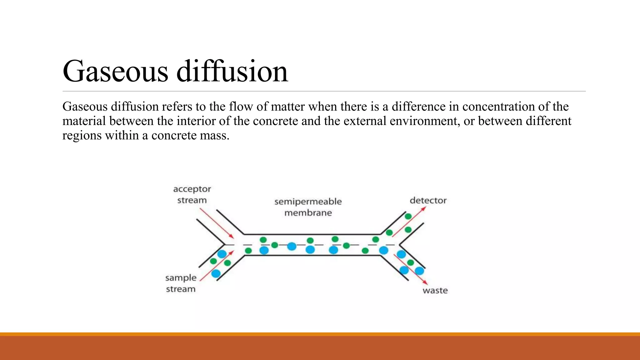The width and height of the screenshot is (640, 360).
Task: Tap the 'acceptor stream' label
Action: click(x=192, y=194)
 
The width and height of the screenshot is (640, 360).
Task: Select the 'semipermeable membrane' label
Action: click(x=308, y=207)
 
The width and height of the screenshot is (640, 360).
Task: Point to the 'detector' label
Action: click(x=428, y=200)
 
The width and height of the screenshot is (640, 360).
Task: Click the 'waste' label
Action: click(x=435, y=290)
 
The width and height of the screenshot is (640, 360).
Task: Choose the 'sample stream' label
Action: click(x=181, y=283)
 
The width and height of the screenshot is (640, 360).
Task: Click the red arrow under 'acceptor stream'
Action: click(x=217, y=223)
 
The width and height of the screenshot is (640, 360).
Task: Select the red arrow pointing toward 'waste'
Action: click(x=411, y=269)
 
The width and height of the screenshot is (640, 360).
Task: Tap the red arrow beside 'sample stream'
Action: click(x=216, y=266)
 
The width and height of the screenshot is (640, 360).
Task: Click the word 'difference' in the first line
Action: click(x=418, y=107)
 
